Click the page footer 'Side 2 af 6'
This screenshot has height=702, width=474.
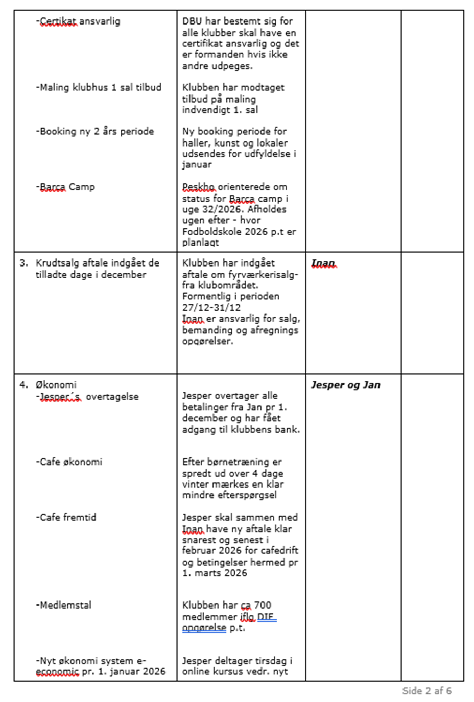426,691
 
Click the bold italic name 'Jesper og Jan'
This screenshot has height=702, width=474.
345,385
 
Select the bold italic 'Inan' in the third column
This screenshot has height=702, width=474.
323,263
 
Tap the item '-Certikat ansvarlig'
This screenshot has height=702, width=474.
78,21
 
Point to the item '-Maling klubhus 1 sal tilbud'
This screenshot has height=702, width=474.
99,87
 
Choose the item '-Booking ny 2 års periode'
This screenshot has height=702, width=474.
94,131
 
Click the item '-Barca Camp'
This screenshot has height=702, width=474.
65,187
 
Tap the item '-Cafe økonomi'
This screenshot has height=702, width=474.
69,462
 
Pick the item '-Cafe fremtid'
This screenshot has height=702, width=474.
66,517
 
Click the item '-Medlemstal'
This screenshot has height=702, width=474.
64,605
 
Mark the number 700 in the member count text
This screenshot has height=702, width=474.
263,605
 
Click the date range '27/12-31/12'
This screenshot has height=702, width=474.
211,307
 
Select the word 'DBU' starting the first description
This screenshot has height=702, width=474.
192,21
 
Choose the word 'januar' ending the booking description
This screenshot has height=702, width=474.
197,164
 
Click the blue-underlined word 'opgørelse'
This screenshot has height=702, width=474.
204,627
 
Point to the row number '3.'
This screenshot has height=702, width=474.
24,263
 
